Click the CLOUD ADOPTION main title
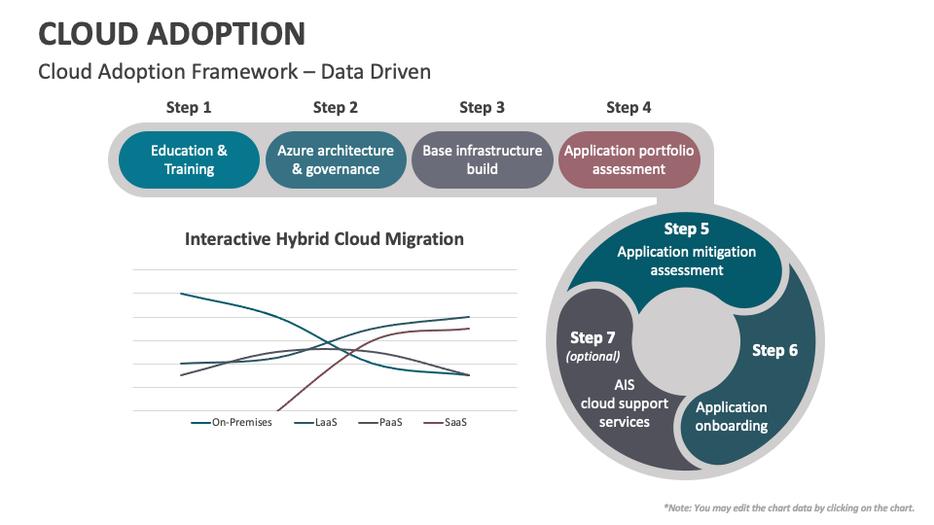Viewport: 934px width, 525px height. tap(171, 33)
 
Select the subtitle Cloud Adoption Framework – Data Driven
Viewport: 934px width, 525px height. tap(233, 72)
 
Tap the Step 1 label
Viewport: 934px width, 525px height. tap(189, 108)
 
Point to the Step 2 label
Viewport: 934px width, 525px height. tap(336, 108)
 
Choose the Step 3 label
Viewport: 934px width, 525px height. tap(482, 108)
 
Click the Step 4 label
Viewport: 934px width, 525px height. tap(629, 108)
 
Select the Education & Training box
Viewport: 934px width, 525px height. tap(189, 159)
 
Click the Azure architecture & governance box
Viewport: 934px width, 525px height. tap(336, 159)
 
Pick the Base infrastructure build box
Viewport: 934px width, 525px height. tap(482, 159)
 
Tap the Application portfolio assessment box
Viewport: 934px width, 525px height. tap(629, 159)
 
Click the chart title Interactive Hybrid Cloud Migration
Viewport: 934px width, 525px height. tap(324, 239)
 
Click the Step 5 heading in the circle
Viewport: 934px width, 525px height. tap(686, 229)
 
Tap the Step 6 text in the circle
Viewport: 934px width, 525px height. tap(774, 350)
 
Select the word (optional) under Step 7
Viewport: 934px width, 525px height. tap(593, 357)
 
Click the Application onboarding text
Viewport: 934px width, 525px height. tap(732, 416)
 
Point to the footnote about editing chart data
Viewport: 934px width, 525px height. tap(789, 507)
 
